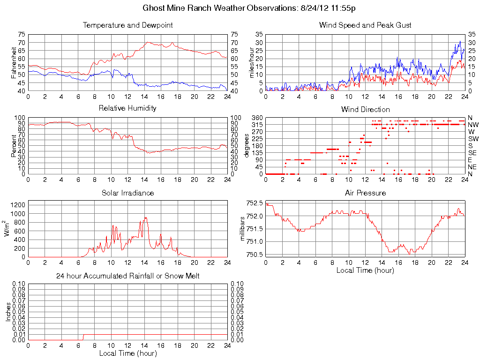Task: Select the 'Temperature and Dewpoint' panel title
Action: click(127, 25)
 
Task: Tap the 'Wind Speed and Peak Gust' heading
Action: click(365, 25)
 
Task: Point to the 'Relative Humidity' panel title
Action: click(127, 108)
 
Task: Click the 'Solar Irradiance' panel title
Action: click(127, 193)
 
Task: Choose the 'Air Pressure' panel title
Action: click(365, 193)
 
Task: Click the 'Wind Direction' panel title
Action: click(365, 109)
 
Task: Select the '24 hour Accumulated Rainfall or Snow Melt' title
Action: click(127, 276)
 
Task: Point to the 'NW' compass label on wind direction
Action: click(472, 125)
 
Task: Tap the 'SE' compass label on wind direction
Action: click(472, 153)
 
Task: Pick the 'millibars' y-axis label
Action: click(243, 229)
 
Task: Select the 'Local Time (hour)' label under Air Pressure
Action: click(365, 270)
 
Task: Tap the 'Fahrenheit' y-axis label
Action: click(14, 63)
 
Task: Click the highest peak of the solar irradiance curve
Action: click(146, 217)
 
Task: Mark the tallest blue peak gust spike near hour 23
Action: click(460, 42)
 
